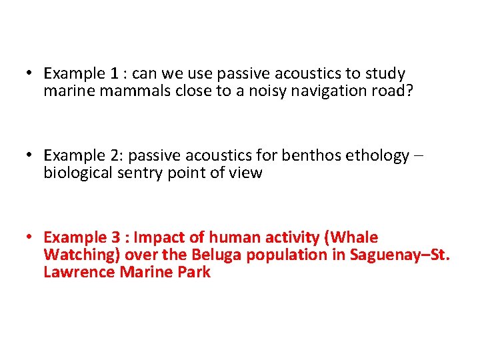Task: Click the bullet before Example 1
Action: [x=31, y=73]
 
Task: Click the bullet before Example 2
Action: [x=31, y=156]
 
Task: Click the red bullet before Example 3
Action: [x=31, y=238]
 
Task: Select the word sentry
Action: [x=142, y=174]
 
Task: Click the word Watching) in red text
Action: [x=77, y=255]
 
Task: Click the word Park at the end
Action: [x=194, y=272]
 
